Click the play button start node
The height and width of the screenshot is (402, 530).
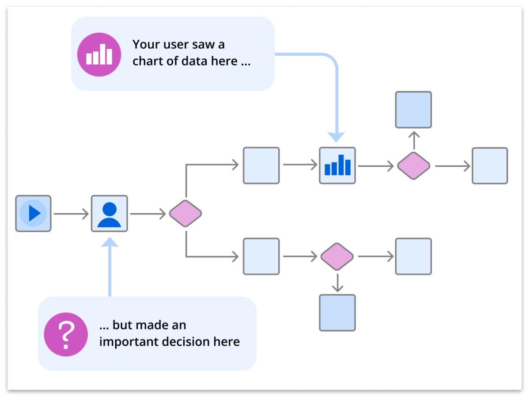pyautogui.click(x=34, y=214)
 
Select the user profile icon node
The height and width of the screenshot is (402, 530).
pyautogui.click(x=109, y=214)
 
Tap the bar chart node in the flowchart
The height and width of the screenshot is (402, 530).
pyautogui.click(x=337, y=165)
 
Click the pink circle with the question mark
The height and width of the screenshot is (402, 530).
pyautogui.click(x=66, y=334)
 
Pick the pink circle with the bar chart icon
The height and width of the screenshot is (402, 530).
pyautogui.click(x=99, y=54)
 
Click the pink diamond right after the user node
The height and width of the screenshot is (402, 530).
pyautogui.click(x=185, y=214)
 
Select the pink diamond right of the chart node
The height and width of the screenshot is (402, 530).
pyautogui.click(x=413, y=166)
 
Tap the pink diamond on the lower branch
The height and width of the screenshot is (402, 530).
pyautogui.click(x=337, y=257)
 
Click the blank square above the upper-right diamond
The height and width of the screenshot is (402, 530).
pyautogui.click(x=413, y=110)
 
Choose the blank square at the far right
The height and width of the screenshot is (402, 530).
pyautogui.click(x=490, y=166)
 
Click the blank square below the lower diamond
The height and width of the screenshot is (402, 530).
pyautogui.click(x=337, y=313)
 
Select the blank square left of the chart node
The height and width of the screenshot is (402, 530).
pyautogui.click(x=261, y=165)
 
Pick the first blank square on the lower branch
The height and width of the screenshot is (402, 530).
pyautogui.click(x=261, y=257)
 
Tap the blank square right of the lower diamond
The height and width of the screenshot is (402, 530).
pyautogui.click(x=413, y=257)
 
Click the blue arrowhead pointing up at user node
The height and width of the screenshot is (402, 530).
pyautogui.click(x=110, y=241)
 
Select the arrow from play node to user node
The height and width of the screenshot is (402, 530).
pyautogui.click(x=71, y=214)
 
